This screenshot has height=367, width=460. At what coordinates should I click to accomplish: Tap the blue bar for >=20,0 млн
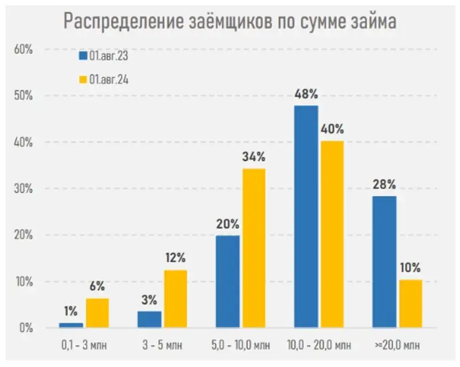click(384, 262)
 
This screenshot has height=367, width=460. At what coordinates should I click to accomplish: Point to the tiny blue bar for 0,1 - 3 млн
click(71, 326)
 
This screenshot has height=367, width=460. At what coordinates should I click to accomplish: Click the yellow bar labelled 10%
click(411, 304)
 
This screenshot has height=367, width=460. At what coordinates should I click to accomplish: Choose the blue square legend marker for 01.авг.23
click(83, 56)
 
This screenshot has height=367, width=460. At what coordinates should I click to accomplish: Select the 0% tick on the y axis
click(25, 328)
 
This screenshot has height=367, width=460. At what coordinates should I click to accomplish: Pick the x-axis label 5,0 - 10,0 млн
click(241, 345)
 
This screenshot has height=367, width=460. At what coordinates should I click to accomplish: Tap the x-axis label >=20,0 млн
click(397, 345)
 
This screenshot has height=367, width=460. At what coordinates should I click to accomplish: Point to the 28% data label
click(384, 185)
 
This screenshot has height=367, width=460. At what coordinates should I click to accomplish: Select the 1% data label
click(70, 312)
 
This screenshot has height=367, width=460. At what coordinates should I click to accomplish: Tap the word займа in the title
click(367, 22)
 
